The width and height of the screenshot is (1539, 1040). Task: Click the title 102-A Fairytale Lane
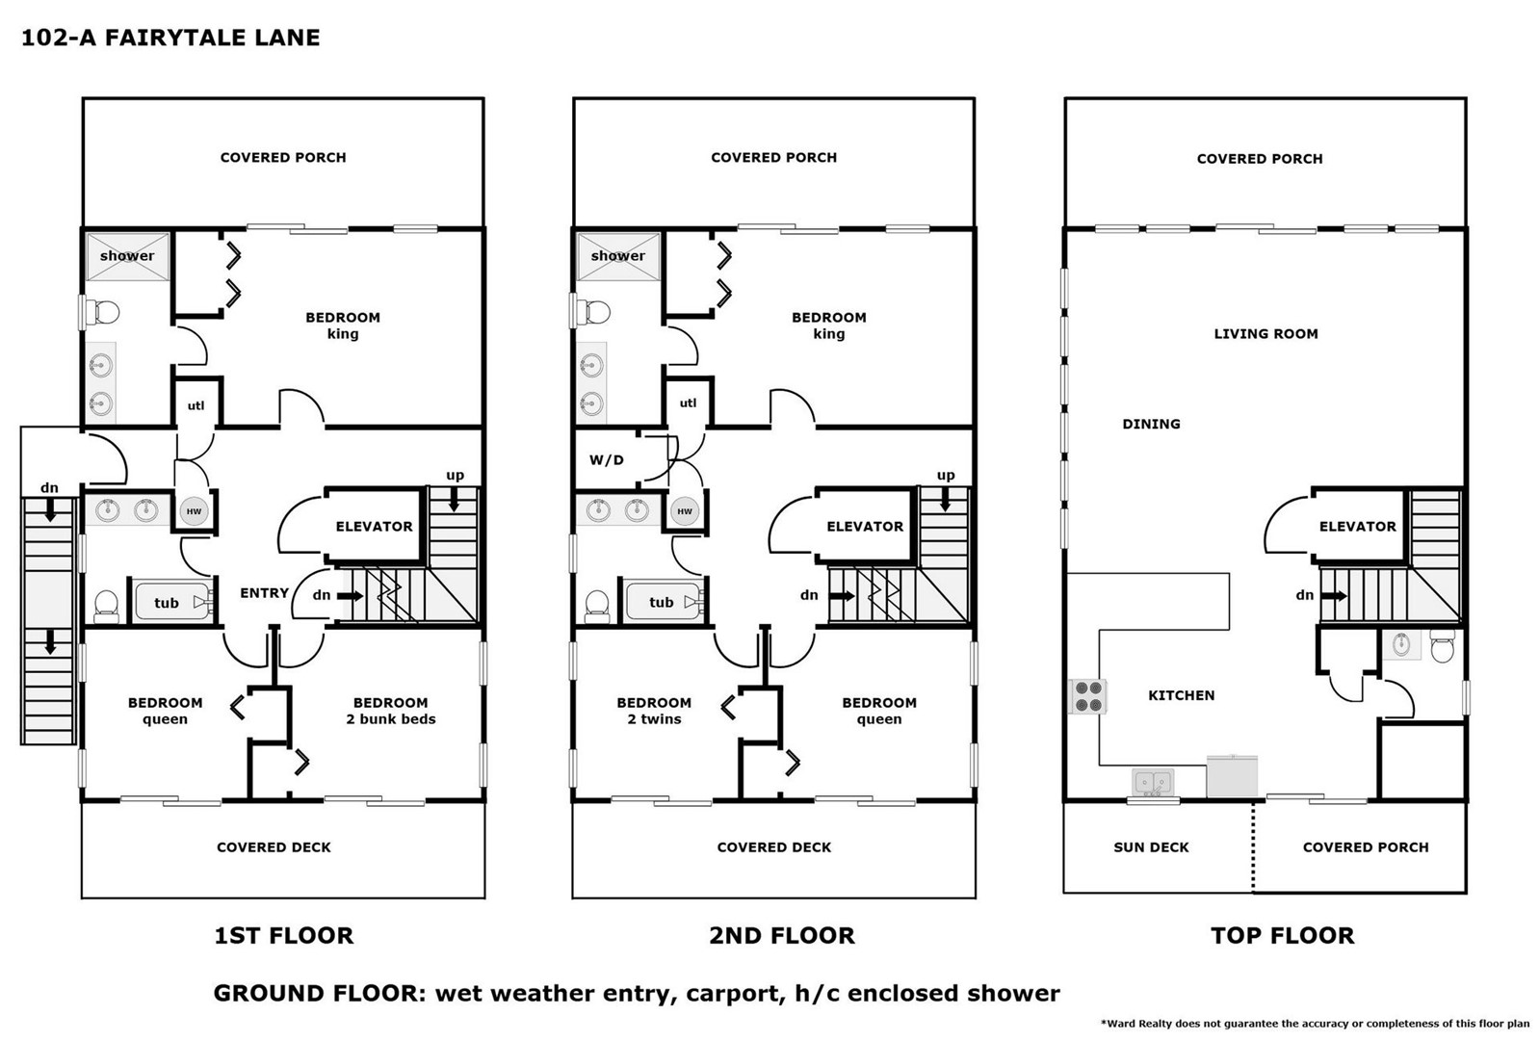point(170,38)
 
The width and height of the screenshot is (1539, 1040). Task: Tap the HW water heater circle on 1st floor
point(194,511)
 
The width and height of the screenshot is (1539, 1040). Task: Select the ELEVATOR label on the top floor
point(1358,527)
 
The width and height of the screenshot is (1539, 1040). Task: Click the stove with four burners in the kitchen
point(1087,696)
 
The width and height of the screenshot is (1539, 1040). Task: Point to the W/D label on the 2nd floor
point(607,460)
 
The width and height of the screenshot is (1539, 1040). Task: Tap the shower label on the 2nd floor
point(617,256)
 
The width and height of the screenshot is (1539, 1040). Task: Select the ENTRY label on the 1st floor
point(264,593)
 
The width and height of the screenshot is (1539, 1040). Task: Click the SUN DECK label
point(1151,847)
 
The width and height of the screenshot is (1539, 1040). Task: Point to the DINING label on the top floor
point(1152,424)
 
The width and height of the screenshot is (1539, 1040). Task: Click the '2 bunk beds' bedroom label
point(391,719)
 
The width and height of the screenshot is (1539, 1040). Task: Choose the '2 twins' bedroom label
point(654,719)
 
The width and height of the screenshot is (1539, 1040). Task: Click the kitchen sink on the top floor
point(1153,782)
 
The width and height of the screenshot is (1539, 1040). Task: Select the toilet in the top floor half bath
point(1442,646)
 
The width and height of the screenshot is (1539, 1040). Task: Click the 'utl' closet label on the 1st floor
point(196,405)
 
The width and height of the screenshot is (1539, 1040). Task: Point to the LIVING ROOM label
point(1265,334)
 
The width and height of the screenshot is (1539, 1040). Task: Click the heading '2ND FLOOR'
point(782,936)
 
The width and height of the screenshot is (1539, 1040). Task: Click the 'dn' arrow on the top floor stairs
point(1334,595)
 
